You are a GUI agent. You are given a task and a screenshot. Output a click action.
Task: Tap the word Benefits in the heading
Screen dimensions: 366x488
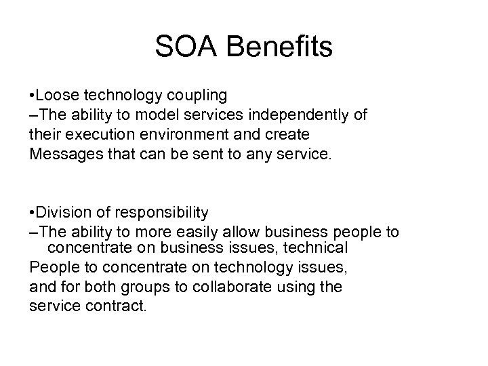click(x=279, y=47)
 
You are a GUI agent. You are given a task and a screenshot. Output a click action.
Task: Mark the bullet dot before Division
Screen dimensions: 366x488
click(x=32, y=213)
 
